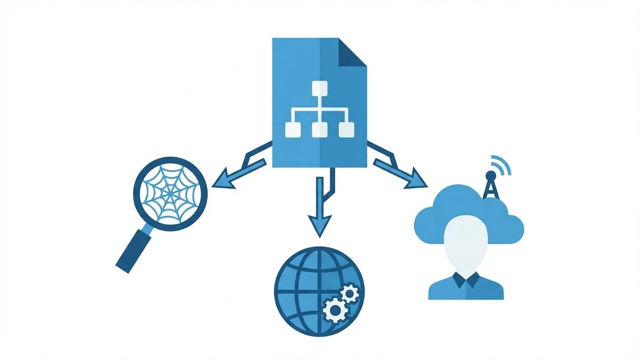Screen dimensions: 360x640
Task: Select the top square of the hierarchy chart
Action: pos(320,88)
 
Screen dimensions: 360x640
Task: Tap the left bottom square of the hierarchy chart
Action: pos(293,129)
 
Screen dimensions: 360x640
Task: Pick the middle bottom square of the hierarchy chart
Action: pos(320,129)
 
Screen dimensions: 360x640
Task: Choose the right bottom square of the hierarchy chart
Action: pos(346,129)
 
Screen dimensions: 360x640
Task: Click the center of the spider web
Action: pos(170,193)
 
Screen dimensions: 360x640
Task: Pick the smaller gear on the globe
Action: pos(349,293)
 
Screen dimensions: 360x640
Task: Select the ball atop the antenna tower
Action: pos(490,175)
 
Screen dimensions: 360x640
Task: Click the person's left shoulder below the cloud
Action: pos(441,288)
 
